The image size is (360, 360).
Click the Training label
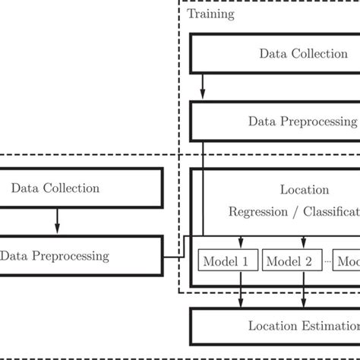[210, 14]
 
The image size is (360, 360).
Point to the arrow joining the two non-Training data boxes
[55, 221]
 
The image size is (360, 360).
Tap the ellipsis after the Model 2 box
[327, 262]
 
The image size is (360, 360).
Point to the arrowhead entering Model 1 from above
[241, 245]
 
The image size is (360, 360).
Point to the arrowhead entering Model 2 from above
[304, 245]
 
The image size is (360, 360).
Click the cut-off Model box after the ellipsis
[347, 261]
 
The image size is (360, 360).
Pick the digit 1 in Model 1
[245, 261]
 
